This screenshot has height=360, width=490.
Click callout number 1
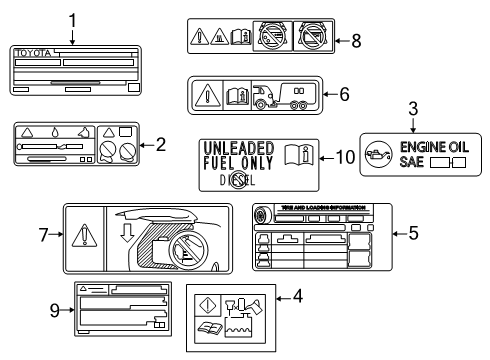(x=72, y=19)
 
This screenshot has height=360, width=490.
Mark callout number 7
(x=43, y=235)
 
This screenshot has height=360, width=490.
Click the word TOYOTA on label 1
(x=33, y=51)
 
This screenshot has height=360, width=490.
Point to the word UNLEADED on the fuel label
(x=237, y=146)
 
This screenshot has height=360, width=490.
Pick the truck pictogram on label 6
(x=269, y=96)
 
